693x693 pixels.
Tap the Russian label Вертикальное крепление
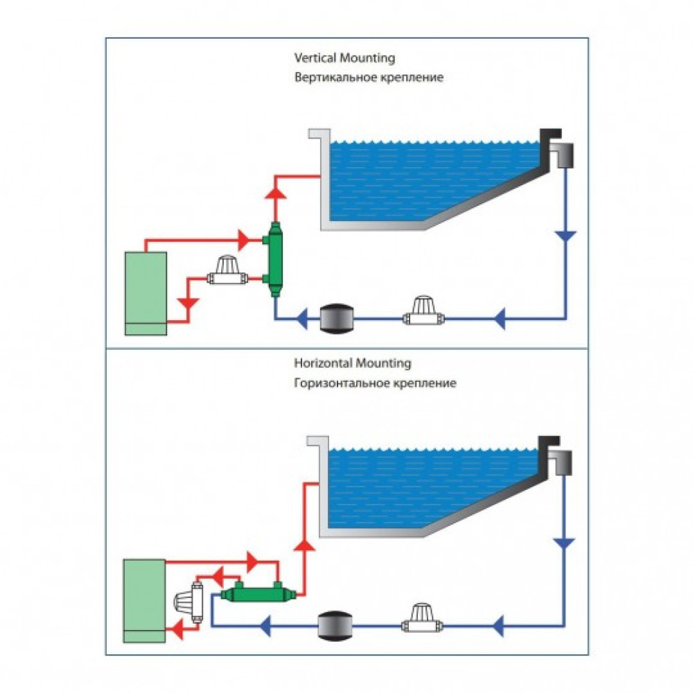coord(368,78)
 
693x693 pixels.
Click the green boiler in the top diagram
coord(146,293)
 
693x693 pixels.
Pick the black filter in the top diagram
coord(337,319)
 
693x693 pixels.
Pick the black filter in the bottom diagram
coord(336,626)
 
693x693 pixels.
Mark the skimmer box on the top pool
coord(565,155)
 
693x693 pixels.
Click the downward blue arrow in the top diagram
coord(566,237)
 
